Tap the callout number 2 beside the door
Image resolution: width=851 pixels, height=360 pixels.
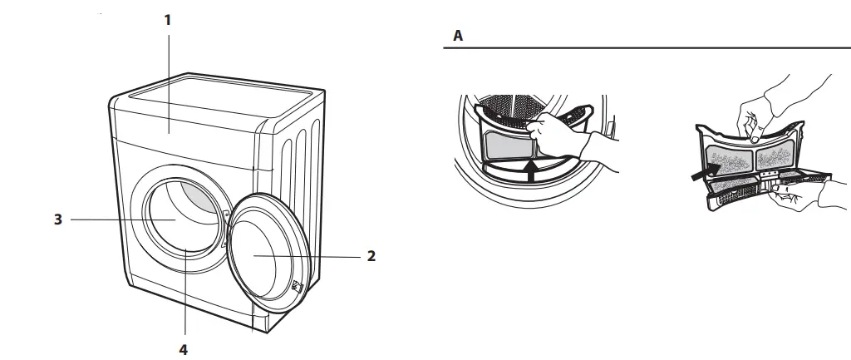371,256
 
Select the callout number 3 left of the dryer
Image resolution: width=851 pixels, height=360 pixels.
58,219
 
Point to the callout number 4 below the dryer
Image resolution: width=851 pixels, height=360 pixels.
184,349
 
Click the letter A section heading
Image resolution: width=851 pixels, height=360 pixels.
457,37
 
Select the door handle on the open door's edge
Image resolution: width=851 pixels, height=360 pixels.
297,287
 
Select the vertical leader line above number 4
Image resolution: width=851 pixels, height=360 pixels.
184,299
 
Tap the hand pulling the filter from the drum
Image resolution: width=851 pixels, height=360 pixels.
573,137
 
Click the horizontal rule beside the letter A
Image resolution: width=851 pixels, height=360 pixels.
648,49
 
